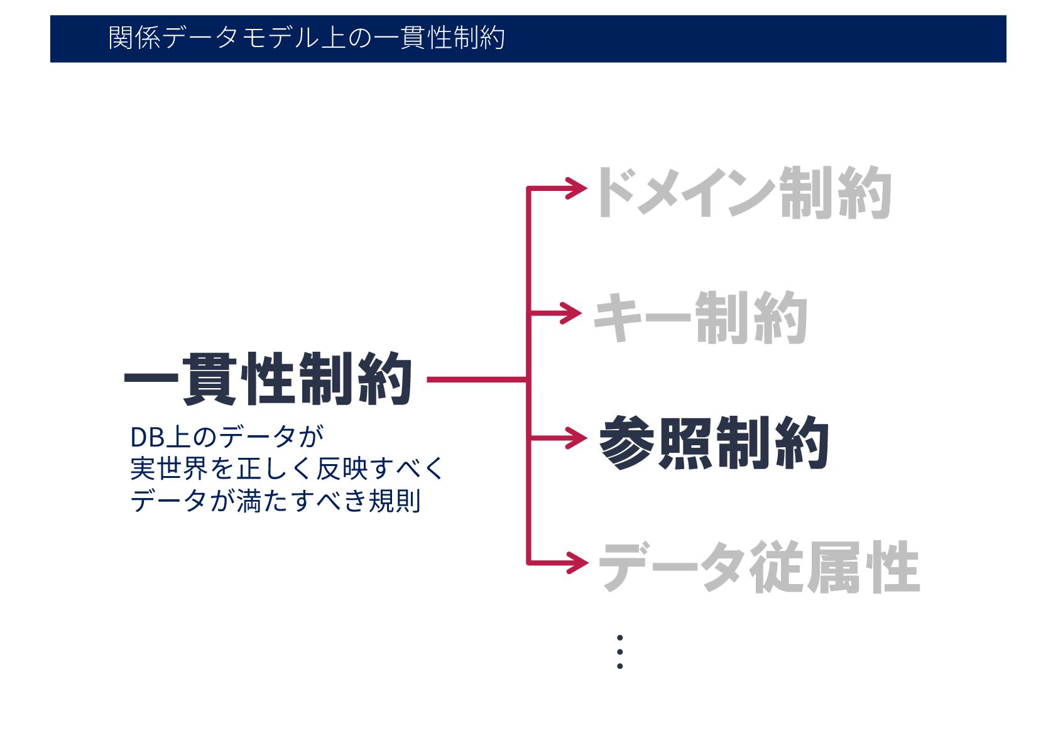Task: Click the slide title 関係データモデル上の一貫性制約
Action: [x=307, y=38]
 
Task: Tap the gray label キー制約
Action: [x=700, y=317]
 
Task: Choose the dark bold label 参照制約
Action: [x=714, y=443]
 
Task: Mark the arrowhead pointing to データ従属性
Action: [x=577, y=562]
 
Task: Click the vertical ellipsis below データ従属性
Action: [x=619, y=652]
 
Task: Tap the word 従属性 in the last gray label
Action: [x=834, y=567]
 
